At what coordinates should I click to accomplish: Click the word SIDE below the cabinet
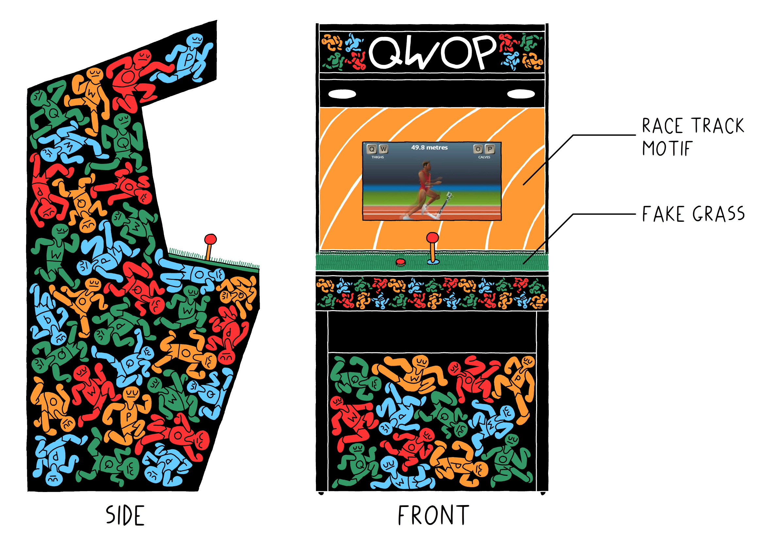[125, 516]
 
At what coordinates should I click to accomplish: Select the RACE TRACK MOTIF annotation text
[692, 137]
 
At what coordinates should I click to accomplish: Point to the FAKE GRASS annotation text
[693, 214]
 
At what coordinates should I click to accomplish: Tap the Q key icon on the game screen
[372, 149]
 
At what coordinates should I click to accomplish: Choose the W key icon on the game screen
[383, 149]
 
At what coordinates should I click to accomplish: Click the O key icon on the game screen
[478, 149]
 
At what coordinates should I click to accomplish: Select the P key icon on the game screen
[490, 149]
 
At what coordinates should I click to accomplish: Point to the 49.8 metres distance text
[429, 148]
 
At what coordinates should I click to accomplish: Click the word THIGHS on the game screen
[378, 157]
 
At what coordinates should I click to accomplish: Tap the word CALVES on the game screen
[484, 157]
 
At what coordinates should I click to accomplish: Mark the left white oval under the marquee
[342, 94]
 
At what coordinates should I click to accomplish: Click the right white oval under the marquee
[521, 94]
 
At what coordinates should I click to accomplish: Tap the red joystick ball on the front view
[433, 238]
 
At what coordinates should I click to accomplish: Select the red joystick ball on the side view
[210, 239]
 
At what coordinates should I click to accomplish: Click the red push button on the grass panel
[400, 262]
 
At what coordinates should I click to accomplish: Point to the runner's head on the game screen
[426, 166]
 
